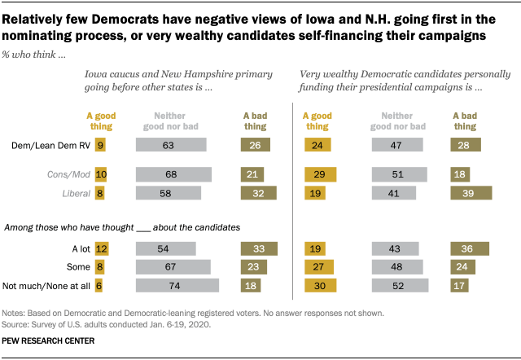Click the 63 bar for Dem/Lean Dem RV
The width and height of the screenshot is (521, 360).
click(171, 144)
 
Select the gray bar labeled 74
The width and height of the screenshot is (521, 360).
click(177, 285)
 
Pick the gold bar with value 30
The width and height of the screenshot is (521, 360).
click(321, 285)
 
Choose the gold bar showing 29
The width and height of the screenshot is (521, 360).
click(320, 174)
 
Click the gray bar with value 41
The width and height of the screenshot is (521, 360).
click(395, 193)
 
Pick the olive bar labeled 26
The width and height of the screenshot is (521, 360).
click(256, 144)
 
